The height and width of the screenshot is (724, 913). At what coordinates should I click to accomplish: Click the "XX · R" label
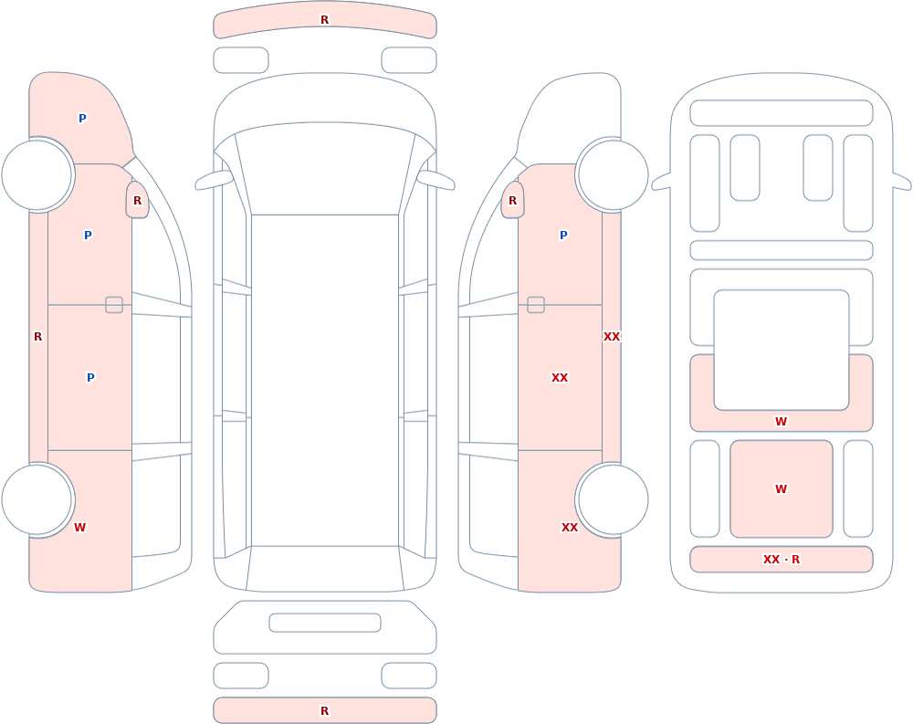782,559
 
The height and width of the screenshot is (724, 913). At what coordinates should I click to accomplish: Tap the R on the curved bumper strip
325,20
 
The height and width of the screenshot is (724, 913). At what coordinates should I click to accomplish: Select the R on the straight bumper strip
325,710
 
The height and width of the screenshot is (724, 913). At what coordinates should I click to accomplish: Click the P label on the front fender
82,119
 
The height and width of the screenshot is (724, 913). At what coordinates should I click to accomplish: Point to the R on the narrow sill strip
37,337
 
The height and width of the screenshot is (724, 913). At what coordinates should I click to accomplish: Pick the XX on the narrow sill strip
612,337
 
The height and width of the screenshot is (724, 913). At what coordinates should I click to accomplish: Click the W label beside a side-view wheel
79,527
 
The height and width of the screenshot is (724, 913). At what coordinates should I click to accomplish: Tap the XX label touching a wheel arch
570,527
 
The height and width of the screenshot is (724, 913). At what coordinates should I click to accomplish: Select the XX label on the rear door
560,377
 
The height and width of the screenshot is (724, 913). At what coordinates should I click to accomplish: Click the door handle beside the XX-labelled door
536,305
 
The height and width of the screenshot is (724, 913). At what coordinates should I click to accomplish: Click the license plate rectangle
325,623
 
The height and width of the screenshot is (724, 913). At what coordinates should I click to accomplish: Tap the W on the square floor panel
782,488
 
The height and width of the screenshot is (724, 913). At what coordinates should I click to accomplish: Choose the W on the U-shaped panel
782,421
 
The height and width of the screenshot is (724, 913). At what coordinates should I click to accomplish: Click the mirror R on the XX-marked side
512,200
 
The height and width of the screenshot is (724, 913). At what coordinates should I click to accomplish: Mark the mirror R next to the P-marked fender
138,200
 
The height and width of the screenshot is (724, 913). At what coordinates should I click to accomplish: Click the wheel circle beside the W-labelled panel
37,499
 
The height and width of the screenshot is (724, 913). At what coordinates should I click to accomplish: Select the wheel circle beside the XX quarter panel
612,499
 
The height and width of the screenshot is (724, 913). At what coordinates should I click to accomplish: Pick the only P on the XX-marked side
563,235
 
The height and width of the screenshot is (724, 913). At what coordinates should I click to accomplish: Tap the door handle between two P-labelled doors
114,305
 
